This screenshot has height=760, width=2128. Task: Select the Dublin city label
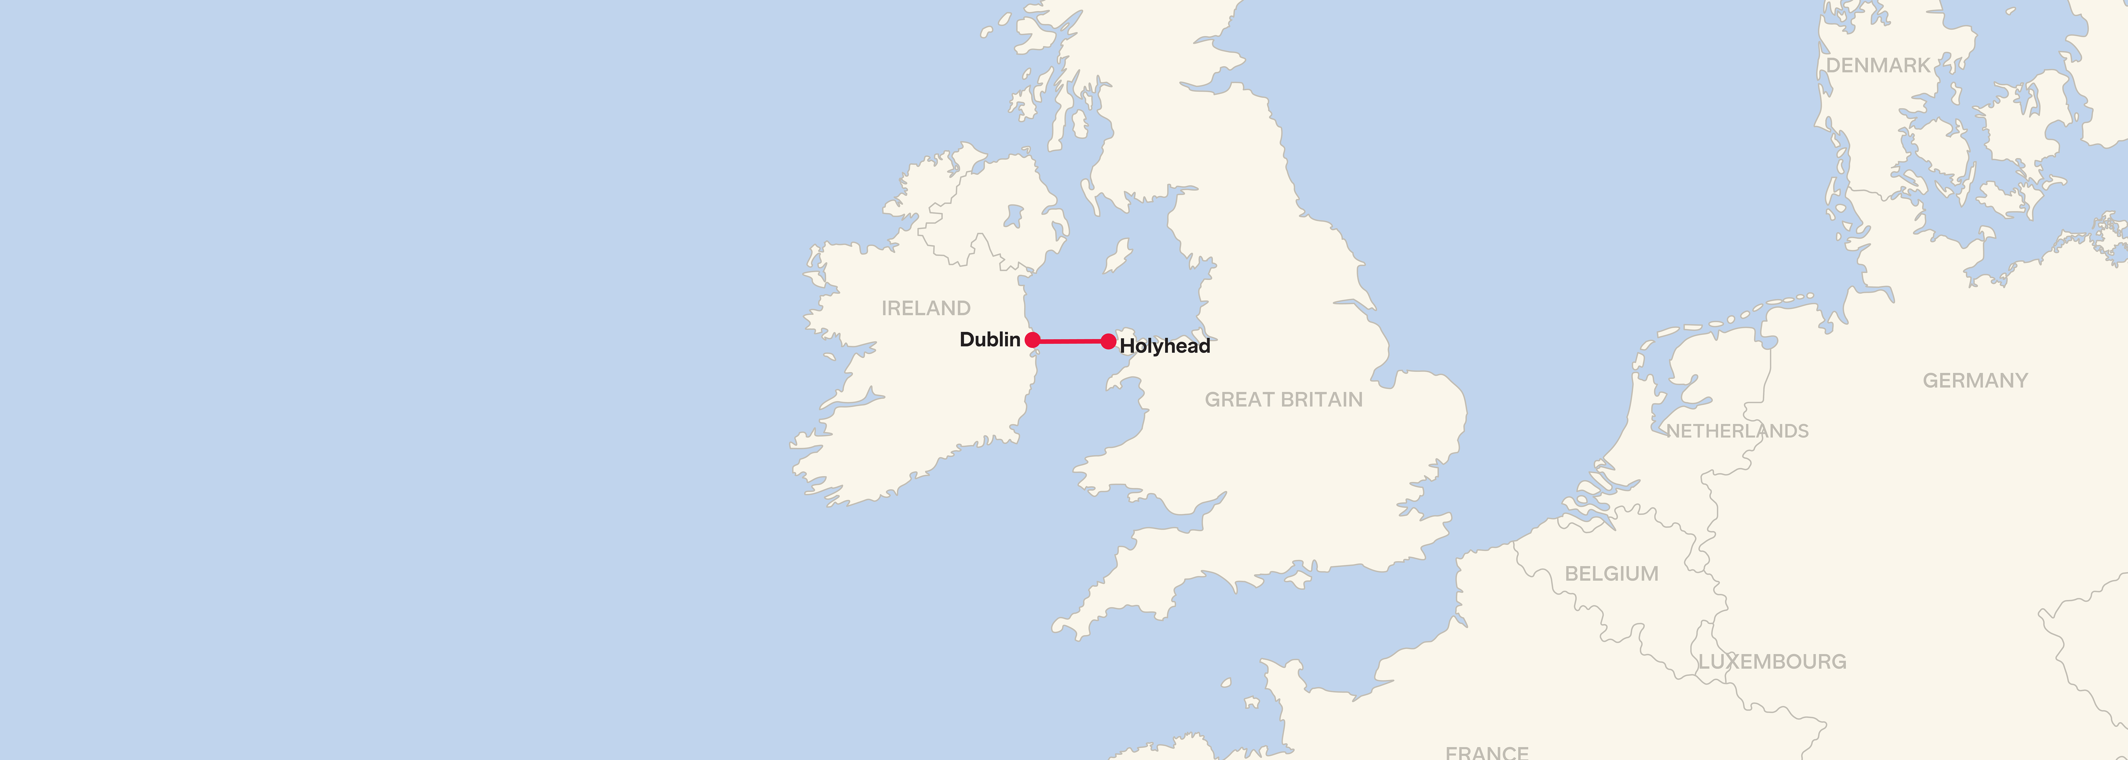click(990, 340)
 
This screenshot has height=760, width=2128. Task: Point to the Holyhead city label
click(1165, 346)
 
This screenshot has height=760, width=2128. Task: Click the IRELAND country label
click(925, 308)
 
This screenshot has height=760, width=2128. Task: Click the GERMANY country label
click(1974, 381)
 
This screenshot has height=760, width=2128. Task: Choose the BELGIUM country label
click(1611, 573)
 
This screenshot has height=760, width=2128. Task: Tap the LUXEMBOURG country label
click(1772, 662)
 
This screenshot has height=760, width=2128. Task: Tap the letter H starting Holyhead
click(1127, 346)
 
